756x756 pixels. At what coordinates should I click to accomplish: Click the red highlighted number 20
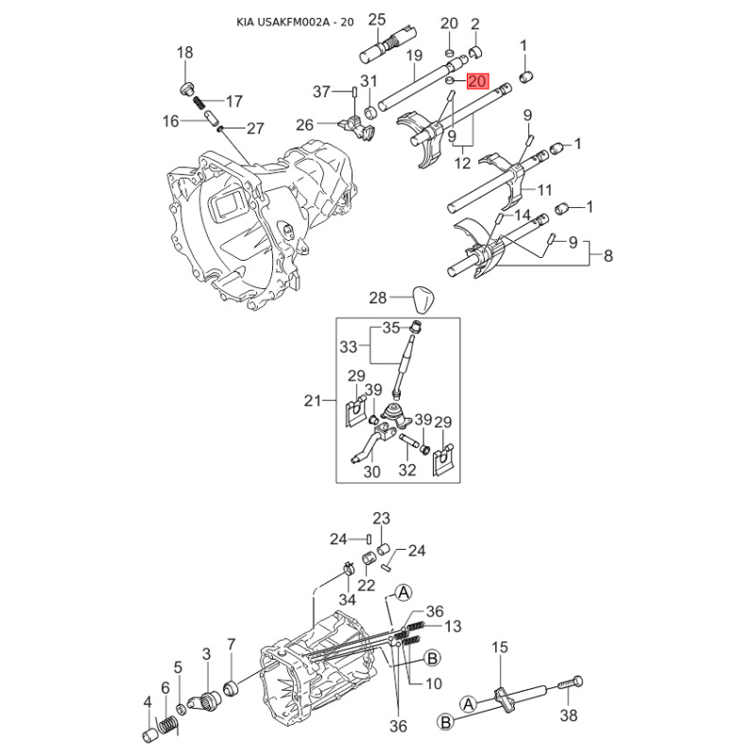[x=477, y=82]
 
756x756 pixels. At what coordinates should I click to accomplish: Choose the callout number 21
[x=313, y=401]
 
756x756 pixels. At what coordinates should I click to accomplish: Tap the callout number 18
[x=184, y=54]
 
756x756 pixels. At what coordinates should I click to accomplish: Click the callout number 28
[x=378, y=298]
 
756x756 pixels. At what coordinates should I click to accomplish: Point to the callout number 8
[x=608, y=255]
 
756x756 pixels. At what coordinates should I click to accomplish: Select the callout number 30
[x=370, y=472]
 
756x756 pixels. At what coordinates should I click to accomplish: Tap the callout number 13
[x=453, y=626]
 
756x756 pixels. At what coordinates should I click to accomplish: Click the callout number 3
[x=206, y=654]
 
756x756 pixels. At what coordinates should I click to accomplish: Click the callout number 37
[x=322, y=92]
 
